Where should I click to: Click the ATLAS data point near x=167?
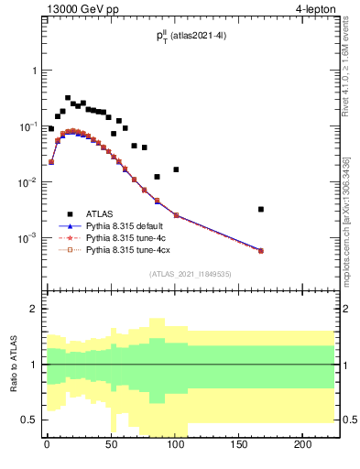pyautogui.click(x=261, y=210)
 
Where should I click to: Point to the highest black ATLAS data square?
pyautogui.click(x=68, y=98)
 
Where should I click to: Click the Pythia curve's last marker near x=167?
pyautogui.click(x=261, y=250)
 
